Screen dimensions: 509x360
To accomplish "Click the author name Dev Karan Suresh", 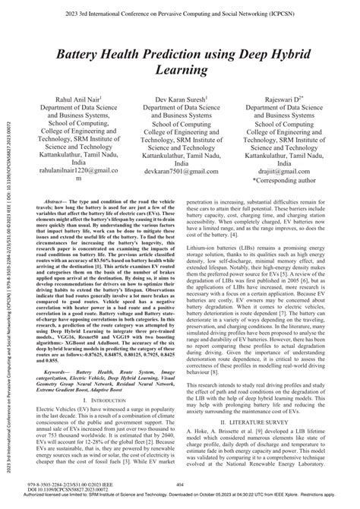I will tap(180, 100).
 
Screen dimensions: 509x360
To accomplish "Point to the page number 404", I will tap(181, 483).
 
